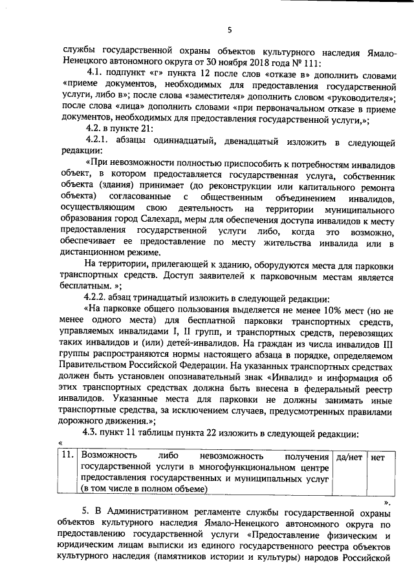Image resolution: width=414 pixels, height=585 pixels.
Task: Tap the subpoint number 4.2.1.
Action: pos(98,140)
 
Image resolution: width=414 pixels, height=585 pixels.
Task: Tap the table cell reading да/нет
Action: pos(348,457)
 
